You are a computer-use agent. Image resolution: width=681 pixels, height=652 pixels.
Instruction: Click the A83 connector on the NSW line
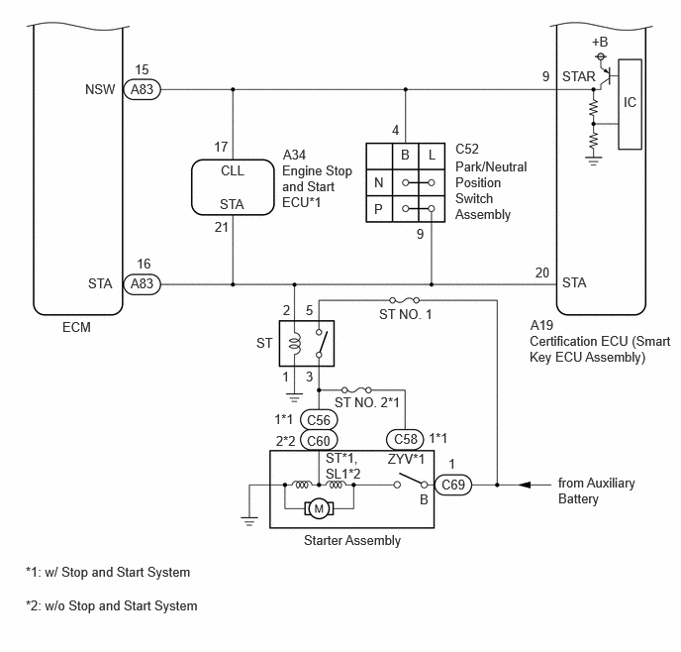[x=142, y=89]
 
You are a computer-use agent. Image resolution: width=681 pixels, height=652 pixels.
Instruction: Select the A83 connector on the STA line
[x=142, y=283]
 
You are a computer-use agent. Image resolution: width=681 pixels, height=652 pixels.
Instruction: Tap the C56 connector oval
[x=319, y=420]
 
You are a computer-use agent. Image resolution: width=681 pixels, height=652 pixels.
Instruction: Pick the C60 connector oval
[x=319, y=440]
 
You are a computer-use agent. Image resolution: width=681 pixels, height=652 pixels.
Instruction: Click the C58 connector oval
[x=405, y=439]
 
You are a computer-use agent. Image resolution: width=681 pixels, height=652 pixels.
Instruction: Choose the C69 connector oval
[x=452, y=485]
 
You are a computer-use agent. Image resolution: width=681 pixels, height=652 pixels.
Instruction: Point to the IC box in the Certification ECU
[x=630, y=104]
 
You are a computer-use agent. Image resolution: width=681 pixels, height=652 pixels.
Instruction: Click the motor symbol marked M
[x=319, y=508]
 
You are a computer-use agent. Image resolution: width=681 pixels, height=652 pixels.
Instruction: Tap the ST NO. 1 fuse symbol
[x=404, y=300]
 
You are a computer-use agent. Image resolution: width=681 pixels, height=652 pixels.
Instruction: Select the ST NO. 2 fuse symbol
[x=356, y=389]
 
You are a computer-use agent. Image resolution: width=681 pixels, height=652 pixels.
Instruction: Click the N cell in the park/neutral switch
[x=379, y=182]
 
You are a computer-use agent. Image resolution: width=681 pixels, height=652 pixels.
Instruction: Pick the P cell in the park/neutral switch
[x=379, y=209]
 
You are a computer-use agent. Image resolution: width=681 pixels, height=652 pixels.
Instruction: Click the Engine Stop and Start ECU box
[x=233, y=187]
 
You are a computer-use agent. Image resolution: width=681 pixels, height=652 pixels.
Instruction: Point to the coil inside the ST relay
[x=295, y=343]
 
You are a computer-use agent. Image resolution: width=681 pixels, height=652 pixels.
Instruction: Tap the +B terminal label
[x=600, y=43]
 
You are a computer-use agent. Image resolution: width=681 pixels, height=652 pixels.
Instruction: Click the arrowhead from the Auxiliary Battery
[x=525, y=485]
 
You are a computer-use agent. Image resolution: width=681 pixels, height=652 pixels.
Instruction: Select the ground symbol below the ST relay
[x=294, y=397]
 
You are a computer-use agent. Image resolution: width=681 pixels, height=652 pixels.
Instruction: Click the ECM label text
[x=76, y=327]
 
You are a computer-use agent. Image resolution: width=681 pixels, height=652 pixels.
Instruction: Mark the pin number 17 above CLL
[x=221, y=147]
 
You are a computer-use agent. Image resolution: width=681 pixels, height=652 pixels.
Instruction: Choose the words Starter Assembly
[x=352, y=540]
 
